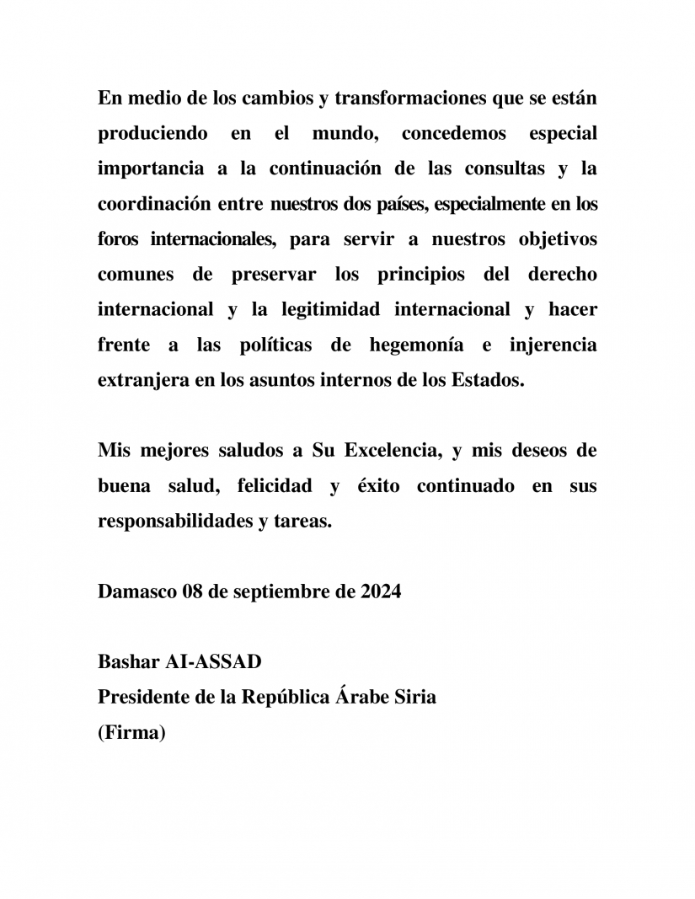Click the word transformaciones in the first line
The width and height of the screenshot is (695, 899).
coord(404,98)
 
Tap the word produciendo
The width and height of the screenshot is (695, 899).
coord(149,134)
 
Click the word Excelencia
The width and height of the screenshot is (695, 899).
coord(391,450)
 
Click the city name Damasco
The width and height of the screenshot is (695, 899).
coord(136,591)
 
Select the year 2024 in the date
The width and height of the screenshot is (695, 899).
coord(381,591)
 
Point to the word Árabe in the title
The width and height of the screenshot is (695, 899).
coord(366,698)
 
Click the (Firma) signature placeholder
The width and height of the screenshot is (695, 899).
coord(131,733)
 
